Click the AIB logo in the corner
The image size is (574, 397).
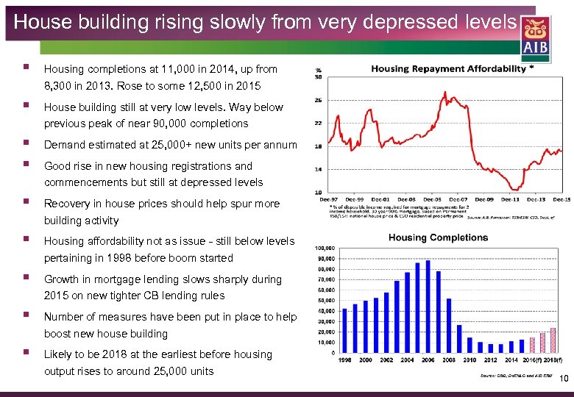[x=535, y=37]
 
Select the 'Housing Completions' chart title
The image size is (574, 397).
[x=438, y=237]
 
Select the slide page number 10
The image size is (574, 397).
[x=564, y=379]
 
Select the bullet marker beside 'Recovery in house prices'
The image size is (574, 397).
[x=26, y=202]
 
